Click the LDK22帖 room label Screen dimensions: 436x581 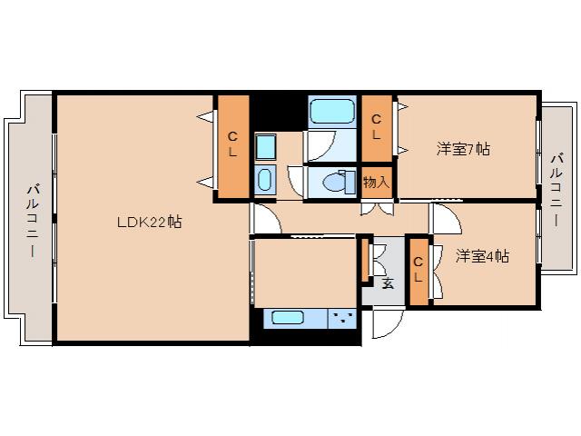(148, 221)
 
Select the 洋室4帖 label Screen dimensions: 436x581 (482, 256)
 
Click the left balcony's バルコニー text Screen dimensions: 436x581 (33, 219)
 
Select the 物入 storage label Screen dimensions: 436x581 (376, 182)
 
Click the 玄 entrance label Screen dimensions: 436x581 (388, 282)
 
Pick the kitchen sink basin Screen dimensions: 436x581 (289, 319)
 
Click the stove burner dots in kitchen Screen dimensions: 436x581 (342, 318)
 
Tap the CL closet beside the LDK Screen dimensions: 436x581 (232, 145)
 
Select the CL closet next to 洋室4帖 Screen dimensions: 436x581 (418, 270)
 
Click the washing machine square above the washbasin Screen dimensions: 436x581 (265, 146)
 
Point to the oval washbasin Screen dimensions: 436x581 (265, 179)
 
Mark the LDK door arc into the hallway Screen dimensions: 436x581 (262, 219)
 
